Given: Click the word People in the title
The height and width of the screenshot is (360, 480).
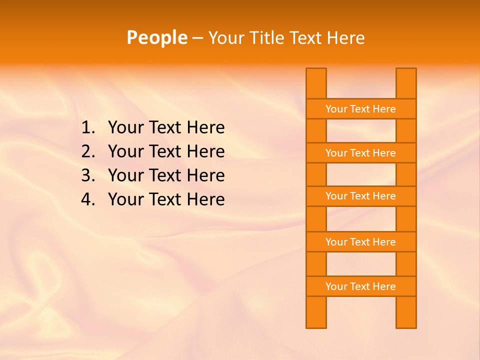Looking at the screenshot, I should click(156, 37).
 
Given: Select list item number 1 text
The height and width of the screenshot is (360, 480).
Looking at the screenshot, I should click(166, 128).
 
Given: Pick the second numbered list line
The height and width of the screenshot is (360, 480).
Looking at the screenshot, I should click(166, 151).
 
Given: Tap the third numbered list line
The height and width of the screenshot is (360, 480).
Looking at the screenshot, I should click(166, 175).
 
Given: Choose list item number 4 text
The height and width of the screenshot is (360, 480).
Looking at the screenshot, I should click(166, 199).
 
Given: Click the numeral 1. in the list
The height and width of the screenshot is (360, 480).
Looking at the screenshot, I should click(87, 128).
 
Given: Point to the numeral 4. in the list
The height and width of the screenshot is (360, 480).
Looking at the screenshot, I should click(87, 199).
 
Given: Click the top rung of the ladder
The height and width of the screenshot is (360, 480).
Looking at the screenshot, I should click(361, 109).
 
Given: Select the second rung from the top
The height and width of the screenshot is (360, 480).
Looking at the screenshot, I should click(361, 153).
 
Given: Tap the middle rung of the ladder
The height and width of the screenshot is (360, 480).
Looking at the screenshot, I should click(361, 196).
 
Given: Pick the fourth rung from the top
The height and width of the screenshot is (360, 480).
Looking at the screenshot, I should click(361, 242).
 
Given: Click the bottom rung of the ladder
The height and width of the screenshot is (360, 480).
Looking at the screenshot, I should click(361, 286).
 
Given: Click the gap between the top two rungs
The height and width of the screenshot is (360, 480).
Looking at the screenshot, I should click(361, 131).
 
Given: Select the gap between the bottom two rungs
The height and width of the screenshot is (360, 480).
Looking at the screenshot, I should click(361, 264).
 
